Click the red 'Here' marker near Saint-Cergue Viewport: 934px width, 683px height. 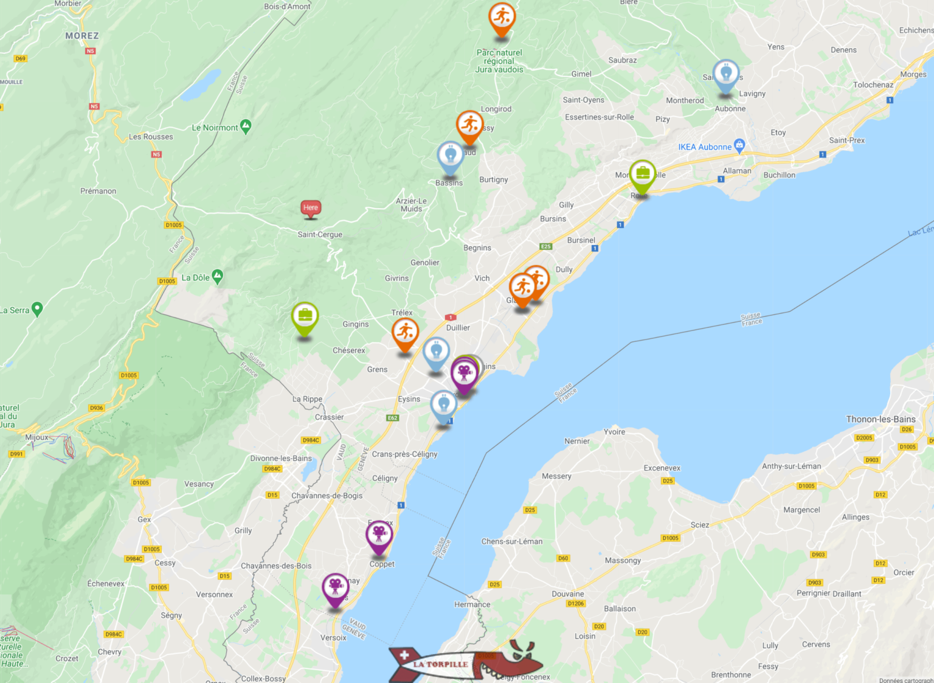coord(311,208)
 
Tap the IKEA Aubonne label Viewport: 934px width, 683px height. coord(705,147)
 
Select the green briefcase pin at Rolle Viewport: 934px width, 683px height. coord(642,175)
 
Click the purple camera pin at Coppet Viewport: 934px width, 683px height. coord(379,535)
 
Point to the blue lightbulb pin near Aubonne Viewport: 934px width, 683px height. coord(725,74)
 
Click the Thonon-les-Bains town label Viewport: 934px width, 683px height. coord(880,419)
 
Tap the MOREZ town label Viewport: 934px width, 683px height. coord(82,36)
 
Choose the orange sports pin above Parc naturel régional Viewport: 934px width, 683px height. coord(502,18)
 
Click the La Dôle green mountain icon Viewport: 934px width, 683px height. coord(217,277)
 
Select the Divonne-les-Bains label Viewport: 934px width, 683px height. coord(281,459)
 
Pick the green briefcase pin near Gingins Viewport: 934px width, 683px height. coord(305,317)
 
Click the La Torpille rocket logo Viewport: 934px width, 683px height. coord(462,663)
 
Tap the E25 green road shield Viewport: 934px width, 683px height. coord(546,246)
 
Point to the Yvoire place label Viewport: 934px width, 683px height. coord(614,432)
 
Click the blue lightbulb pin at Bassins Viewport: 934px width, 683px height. coord(451,156)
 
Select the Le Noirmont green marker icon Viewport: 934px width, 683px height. coord(246,126)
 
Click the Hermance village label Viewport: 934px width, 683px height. coord(472,605)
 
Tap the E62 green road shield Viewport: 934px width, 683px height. coord(393,418)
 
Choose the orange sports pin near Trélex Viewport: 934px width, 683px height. coord(405,333)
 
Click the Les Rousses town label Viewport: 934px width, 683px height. coord(151,137)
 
